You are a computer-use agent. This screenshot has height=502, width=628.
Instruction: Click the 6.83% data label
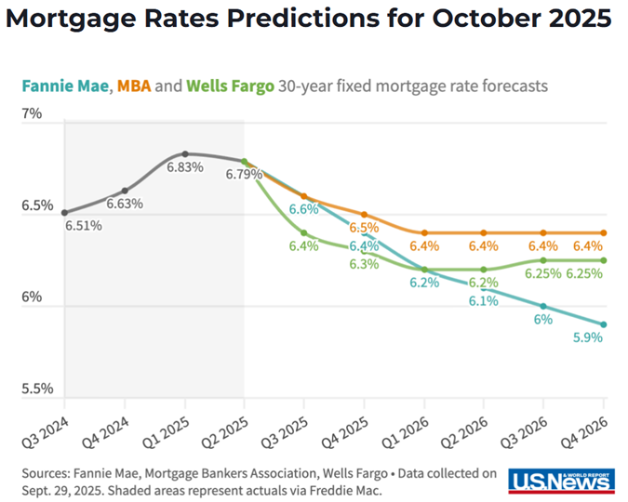pyautogui.click(x=184, y=168)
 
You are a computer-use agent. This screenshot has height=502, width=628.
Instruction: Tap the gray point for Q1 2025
pyautogui.click(x=185, y=153)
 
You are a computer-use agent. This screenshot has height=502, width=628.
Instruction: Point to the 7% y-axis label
pyautogui.click(x=33, y=114)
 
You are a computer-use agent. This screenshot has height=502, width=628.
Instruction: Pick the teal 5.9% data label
pyautogui.click(x=588, y=338)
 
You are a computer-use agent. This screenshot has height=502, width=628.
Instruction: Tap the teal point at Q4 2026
pyautogui.click(x=603, y=324)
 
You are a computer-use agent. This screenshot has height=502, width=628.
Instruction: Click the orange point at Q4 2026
pyautogui.click(x=603, y=232)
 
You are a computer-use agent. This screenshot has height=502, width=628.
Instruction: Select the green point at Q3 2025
pyautogui.click(x=304, y=232)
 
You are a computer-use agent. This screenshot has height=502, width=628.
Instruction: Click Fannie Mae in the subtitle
pyautogui.click(x=70, y=86)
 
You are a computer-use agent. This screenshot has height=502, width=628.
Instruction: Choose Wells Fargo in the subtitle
pyautogui.click(x=230, y=86)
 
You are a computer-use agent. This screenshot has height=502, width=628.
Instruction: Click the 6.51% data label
pyautogui.click(x=83, y=225)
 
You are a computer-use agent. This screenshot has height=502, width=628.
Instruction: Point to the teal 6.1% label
pyautogui.click(x=484, y=302)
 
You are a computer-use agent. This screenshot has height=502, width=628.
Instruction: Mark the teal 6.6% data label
pyautogui.click(x=304, y=210)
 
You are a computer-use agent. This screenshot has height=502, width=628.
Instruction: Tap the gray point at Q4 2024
pyautogui.click(x=125, y=190)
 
